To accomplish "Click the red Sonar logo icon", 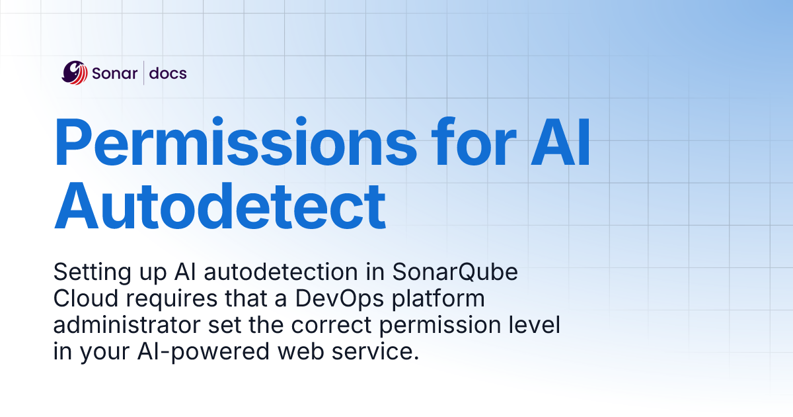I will [75, 73].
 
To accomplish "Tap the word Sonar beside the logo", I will [115, 73].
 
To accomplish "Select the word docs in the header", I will [168, 73].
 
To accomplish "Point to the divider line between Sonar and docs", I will [143, 73].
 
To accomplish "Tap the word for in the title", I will [459, 144].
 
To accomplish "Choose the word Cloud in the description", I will [83, 299].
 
